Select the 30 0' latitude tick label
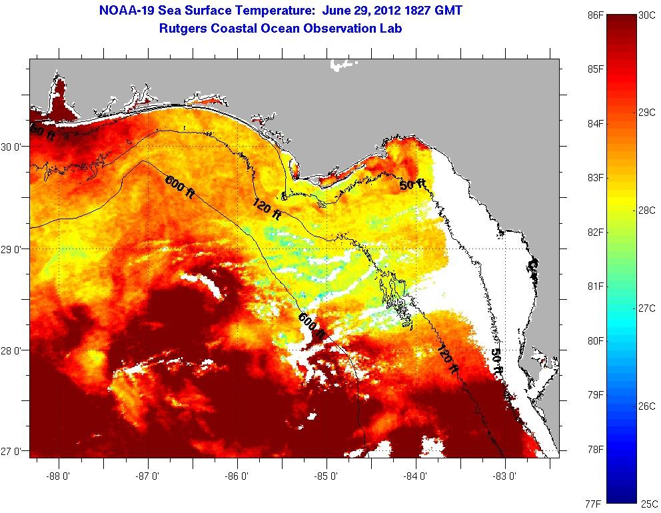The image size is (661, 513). (x=14, y=147)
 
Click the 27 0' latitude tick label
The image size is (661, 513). (x=14, y=451)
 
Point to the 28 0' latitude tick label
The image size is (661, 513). (x=14, y=350)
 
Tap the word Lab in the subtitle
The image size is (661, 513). (x=391, y=29)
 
